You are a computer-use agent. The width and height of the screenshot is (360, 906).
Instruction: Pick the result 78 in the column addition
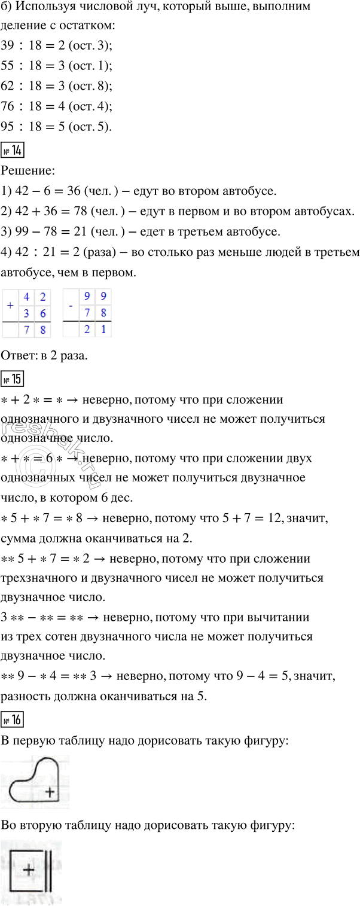coord(35,330)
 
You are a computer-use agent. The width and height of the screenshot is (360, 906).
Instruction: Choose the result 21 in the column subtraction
coord(95,330)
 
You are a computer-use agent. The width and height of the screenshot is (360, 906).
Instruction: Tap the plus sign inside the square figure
coord(28,870)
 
